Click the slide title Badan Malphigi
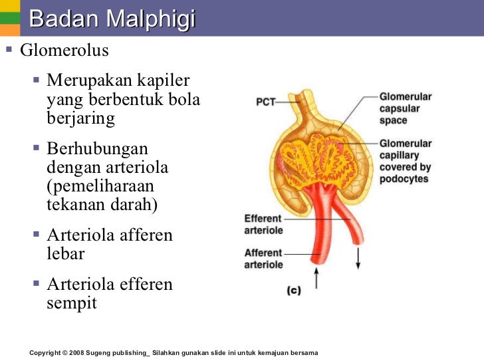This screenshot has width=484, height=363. pos(112,19)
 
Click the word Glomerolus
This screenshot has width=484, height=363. pos(64,51)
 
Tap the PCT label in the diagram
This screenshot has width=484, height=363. pos(266,102)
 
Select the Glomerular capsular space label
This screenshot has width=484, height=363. pos(406,108)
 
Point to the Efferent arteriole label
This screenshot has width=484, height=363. pos(263,224)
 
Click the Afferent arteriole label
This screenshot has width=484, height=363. pos(263,259)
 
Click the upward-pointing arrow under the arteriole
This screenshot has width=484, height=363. pos(316,278)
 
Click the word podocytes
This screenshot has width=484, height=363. pos(404,179)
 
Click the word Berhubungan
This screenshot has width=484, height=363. pos(97,149)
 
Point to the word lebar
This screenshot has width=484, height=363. pos(66,254)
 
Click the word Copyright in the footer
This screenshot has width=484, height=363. pos(48,352)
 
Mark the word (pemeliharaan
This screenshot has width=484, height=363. pos(100,186)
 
